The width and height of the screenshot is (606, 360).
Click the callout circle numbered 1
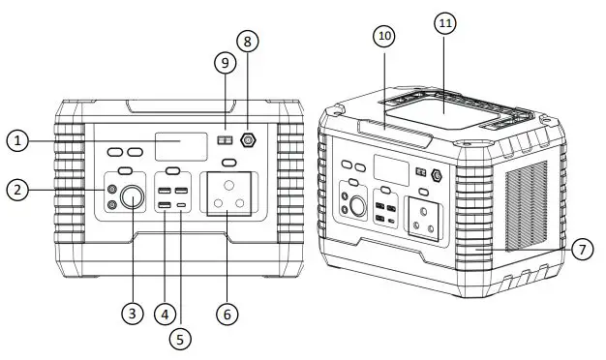(16, 141)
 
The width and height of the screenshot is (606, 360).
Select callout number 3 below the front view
(132, 314)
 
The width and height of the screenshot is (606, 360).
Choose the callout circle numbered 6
(227, 314)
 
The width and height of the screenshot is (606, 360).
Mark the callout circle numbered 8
(248, 42)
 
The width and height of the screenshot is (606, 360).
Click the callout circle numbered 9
(224, 63)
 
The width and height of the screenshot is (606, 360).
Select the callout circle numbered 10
(384, 36)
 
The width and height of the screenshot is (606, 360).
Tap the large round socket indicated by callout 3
(132, 201)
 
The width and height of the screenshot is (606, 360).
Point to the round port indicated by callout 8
(247, 140)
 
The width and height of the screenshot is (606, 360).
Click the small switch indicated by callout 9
(225, 140)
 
